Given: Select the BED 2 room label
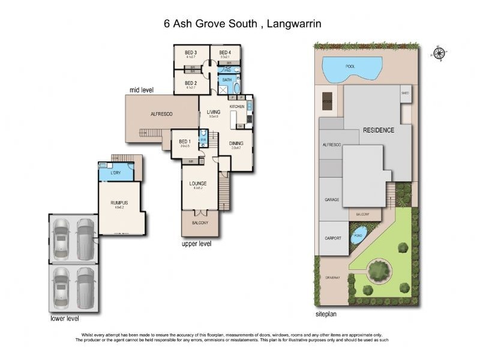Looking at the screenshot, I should pos(191,83).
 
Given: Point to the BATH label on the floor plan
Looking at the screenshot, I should pos(227,80).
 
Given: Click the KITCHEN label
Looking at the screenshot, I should pos(237,107).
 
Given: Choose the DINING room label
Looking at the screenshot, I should pos(236,143).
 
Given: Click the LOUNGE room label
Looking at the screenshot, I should pos(198,184).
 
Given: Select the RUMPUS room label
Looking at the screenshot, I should pos(118,203).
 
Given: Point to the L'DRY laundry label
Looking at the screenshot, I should pos(116,173).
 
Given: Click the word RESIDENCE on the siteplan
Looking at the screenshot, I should pos(378,130).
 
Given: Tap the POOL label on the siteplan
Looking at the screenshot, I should pos(350,67).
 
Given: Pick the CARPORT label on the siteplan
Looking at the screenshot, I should pos(333,238).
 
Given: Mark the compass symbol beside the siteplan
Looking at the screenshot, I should pos(440,53).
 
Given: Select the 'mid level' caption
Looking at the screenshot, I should pos(142,90).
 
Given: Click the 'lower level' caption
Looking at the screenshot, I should pos(65,319).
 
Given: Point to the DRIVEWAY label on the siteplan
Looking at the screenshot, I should pos(332,277).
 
